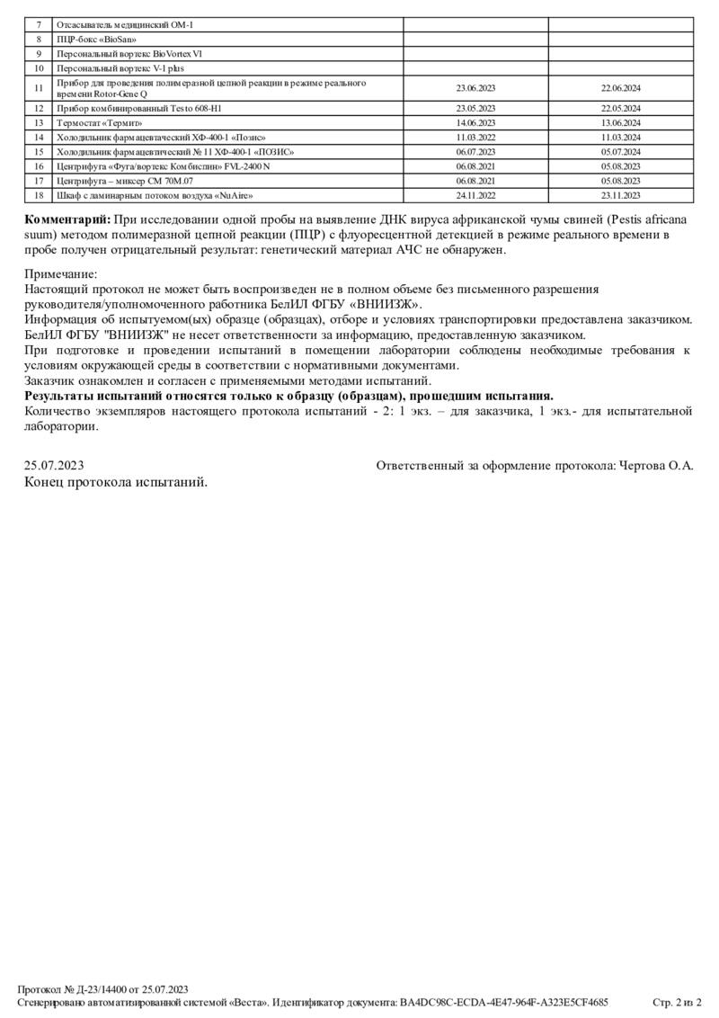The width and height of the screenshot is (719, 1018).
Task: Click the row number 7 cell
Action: (x=39, y=25)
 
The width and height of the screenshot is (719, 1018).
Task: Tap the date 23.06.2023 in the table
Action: (x=475, y=88)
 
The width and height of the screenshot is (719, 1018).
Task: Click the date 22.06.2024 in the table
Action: (x=621, y=88)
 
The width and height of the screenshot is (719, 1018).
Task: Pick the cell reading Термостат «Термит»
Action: (x=99, y=122)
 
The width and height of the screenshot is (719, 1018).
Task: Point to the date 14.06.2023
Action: (x=475, y=122)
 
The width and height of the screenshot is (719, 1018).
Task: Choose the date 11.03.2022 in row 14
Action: (x=475, y=137)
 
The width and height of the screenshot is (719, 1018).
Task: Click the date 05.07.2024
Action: (x=621, y=151)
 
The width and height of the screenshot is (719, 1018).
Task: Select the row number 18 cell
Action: (x=39, y=194)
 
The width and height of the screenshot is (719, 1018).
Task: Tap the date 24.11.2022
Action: (x=475, y=194)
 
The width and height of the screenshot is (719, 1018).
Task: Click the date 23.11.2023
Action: (x=621, y=194)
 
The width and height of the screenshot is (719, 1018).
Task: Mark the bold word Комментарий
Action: (x=67, y=219)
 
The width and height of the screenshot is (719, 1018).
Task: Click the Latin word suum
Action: (x=39, y=235)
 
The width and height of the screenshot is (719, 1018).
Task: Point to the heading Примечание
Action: (x=61, y=273)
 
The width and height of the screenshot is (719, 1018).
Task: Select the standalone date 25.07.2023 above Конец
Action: (x=54, y=465)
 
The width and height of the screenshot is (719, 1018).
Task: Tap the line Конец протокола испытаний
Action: (x=116, y=482)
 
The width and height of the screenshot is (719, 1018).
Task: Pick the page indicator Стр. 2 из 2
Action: (x=677, y=1002)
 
